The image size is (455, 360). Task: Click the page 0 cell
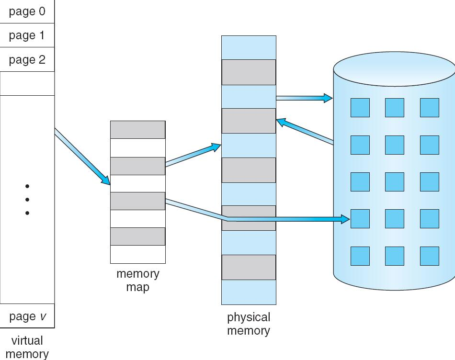(x=27, y=11)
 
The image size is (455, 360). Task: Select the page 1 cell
(x=27, y=35)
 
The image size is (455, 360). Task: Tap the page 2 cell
(x=27, y=60)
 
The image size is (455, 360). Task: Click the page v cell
(x=27, y=316)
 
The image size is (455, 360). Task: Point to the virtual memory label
(x=27, y=347)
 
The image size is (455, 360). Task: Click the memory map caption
(x=138, y=281)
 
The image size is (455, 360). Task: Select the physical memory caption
(x=248, y=324)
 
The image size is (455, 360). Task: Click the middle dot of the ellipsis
(x=27, y=199)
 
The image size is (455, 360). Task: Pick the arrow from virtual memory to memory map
(x=81, y=157)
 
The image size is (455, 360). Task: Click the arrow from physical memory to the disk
(x=304, y=98)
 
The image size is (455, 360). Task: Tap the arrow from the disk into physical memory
(x=305, y=131)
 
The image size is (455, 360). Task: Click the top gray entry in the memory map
(x=138, y=130)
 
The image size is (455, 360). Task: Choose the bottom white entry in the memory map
(x=138, y=254)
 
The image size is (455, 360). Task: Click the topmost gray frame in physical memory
(x=249, y=72)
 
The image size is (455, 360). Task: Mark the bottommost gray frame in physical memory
(x=249, y=267)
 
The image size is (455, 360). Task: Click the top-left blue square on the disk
(x=360, y=108)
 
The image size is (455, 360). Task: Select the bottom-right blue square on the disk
(x=430, y=256)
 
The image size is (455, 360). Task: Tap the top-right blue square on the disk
(x=430, y=108)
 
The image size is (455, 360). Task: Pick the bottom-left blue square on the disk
(x=360, y=256)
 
